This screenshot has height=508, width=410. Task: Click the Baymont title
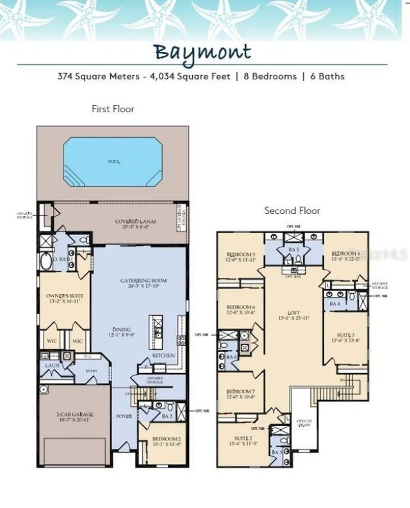tap(202, 51)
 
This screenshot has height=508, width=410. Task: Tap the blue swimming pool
tap(113, 162)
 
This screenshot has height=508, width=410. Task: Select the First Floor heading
tap(113, 109)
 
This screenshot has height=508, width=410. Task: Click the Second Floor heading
tap(292, 210)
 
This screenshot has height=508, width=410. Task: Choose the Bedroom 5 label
tap(240, 257)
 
